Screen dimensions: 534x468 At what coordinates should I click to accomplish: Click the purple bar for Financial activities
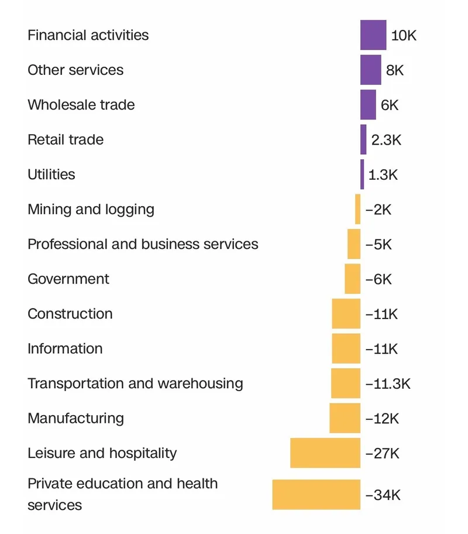pyautogui.click(x=373, y=35)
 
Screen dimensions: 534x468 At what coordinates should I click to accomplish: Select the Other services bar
pyautogui.click(x=370, y=70)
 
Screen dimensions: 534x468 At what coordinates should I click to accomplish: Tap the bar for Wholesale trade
pyautogui.click(x=368, y=105)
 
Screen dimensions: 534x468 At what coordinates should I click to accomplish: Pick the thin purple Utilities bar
pyautogui.click(x=362, y=174)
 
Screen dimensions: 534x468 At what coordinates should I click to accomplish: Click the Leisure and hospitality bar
pyautogui.click(x=325, y=453)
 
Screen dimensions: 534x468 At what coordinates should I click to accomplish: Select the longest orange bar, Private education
pyautogui.click(x=316, y=494)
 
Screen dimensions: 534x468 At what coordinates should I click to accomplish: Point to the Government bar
pyautogui.click(x=352, y=279)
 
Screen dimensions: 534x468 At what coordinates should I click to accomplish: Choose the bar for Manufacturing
pyautogui.click(x=345, y=418)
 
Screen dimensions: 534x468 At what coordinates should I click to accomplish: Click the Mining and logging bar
pyautogui.click(x=357, y=209)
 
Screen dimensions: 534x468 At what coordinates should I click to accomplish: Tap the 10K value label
pyautogui.click(x=404, y=36)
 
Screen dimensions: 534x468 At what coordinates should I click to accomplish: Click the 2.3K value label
pyautogui.click(x=387, y=140)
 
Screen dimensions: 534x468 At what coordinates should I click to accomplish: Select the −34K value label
pyautogui.click(x=383, y=495)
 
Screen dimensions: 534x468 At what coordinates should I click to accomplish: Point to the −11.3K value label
pyautogui.click(x=388, y=384)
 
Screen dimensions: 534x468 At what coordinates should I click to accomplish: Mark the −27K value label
pyautogui.click(x=382, y=453)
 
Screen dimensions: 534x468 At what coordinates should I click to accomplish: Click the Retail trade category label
pyautogui.click(x=66, y=140)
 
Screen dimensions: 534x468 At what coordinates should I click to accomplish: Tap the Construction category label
pyautogui.click(x=70, y=314)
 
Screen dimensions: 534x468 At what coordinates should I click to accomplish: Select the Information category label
pyautogui.click(x=65, y=348)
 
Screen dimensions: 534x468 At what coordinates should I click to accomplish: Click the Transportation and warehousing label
pyautogui.click(x=135, y=384)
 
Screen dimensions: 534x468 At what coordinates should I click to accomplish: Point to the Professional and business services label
pyautogui.click(x=143, y=244)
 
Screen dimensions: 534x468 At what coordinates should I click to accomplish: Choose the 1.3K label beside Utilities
pyautogui.click(x=383, y=174)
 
